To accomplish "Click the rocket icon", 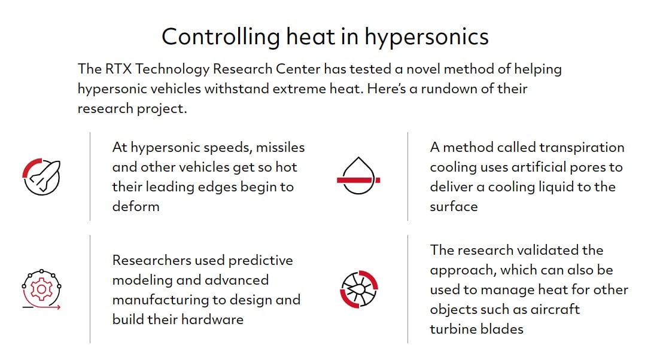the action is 42,176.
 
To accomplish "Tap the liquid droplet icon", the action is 358,176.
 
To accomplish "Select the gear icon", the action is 41,289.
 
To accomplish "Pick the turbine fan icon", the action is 359,289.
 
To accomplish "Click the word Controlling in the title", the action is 220,36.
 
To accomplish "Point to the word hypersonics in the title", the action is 427,37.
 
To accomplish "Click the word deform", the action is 136,206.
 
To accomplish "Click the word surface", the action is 454,207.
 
